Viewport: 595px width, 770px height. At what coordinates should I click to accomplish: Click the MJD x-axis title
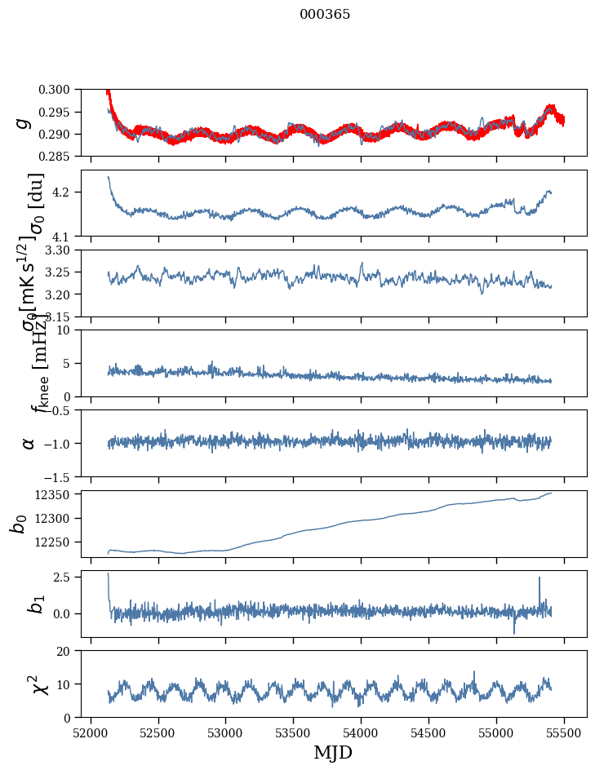(x=333, y=752)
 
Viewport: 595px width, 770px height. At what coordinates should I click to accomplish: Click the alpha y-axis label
(x=29, y=443)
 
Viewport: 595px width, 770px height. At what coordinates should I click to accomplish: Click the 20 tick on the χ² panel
(x=70, y=651)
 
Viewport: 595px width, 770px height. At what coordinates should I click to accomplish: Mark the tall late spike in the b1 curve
(x=539, y=577)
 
